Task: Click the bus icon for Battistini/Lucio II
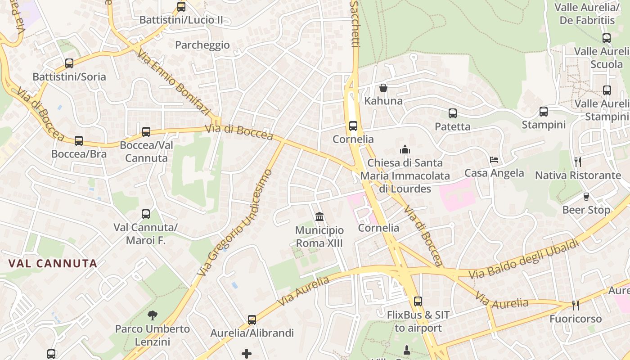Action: (181, 7)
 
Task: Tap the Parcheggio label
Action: (202, 45)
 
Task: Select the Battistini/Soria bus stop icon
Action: (69, 63)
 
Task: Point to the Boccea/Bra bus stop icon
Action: (79, 141)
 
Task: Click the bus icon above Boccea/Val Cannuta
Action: (146, 132)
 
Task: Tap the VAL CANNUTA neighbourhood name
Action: (53, 264)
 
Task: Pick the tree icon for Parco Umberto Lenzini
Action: (153, 315)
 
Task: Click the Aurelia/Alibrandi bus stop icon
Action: (252, 320)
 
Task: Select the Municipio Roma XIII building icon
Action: (319, 217)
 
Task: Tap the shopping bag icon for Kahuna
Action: (383, 87)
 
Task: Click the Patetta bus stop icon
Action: (453, 113)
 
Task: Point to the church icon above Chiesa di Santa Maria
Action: (405, 149)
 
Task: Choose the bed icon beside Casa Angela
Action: (494, 160)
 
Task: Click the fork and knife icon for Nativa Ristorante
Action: (578, 162)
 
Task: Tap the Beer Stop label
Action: (586, 210)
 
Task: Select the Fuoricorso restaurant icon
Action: (575, 306)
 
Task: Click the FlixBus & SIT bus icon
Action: (418, 301)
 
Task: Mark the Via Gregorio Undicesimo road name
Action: (235, 223)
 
